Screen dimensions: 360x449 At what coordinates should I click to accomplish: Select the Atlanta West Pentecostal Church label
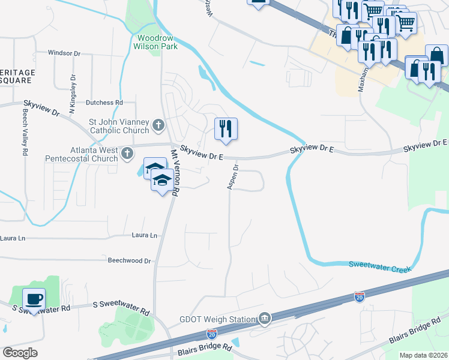[82, 154]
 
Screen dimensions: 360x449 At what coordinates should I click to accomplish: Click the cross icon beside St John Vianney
[158, 125]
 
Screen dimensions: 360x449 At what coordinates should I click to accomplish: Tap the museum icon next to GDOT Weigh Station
[264, 317]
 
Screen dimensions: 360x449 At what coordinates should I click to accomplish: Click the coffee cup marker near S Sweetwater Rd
[34, 298]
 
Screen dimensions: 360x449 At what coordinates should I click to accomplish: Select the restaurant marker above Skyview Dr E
[226, 128]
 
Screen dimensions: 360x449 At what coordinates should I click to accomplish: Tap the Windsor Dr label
[64, 53]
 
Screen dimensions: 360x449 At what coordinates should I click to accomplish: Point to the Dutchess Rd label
[104, 103]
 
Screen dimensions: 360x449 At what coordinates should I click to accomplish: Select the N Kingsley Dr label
[73, 94]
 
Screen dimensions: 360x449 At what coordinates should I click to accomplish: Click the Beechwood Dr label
[129, 261]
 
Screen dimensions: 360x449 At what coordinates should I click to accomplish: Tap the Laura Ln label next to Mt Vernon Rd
[144, 236]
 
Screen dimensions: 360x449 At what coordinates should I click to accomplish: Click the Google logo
[20, 353]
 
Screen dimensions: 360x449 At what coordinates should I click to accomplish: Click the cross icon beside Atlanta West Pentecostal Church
[127, 154]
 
